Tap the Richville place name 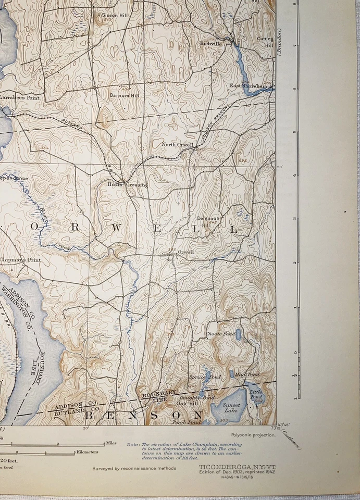211,44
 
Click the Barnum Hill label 124,95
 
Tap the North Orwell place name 177,144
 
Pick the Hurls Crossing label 128,184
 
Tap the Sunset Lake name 231,407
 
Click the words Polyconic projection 253,435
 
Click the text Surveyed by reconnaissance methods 134,468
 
